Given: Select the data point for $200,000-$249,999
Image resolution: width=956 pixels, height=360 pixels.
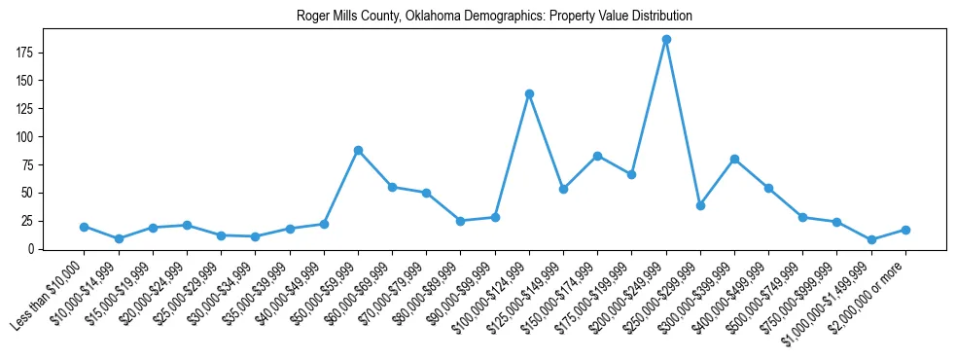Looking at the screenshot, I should click(666, 40).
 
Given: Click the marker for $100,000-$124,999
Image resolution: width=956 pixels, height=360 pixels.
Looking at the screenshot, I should click(529, 93).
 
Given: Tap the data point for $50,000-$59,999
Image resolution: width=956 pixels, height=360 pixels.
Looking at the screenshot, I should click(358, 150).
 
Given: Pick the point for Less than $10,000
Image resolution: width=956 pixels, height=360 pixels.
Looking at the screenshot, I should click(84, 227).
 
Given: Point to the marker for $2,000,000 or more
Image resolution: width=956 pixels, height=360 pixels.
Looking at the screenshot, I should click(905, 230).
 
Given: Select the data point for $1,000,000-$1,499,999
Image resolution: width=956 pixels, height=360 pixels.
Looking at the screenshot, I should click(871, 239).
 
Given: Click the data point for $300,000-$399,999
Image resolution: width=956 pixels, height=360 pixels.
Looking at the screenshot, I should click(734, 159).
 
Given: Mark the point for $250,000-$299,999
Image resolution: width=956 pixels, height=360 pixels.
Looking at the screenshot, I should click(700, 205).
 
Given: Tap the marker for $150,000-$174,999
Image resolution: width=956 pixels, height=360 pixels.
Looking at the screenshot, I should click(597, 156).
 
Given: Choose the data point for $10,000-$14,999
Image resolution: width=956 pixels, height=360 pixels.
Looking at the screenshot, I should click(118, 238).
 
